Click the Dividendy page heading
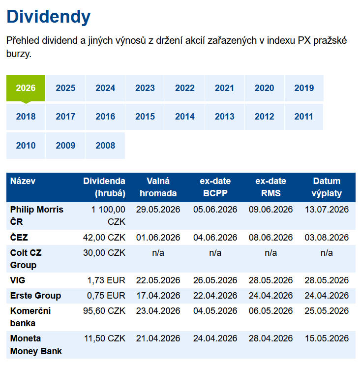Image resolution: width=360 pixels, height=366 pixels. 49,17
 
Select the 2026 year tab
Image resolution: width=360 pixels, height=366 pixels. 26,88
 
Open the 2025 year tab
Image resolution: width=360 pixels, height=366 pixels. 65,88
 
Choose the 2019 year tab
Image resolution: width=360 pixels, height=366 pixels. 304,88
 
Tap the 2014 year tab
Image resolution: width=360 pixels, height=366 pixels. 185,117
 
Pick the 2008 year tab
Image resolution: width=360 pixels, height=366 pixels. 105,146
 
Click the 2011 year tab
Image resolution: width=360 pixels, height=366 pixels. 304,117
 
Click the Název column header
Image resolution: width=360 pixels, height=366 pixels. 23,181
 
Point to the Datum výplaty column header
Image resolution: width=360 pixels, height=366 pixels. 327,187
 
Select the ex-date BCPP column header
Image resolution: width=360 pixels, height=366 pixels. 215,187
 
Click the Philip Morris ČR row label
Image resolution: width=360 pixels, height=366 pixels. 36,215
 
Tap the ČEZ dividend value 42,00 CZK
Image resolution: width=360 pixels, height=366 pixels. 104,238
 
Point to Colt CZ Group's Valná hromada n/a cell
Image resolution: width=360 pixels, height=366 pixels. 158,253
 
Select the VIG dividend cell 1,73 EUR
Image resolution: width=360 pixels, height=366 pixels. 106,280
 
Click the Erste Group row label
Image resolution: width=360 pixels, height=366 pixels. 35,296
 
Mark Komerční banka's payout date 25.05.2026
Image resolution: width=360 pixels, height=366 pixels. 327,311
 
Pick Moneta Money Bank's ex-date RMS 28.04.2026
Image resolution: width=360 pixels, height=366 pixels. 270,338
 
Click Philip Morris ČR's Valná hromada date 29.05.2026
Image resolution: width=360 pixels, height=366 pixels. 158,210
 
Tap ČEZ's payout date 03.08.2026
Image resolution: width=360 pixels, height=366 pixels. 327,238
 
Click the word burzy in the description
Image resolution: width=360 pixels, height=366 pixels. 19,54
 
